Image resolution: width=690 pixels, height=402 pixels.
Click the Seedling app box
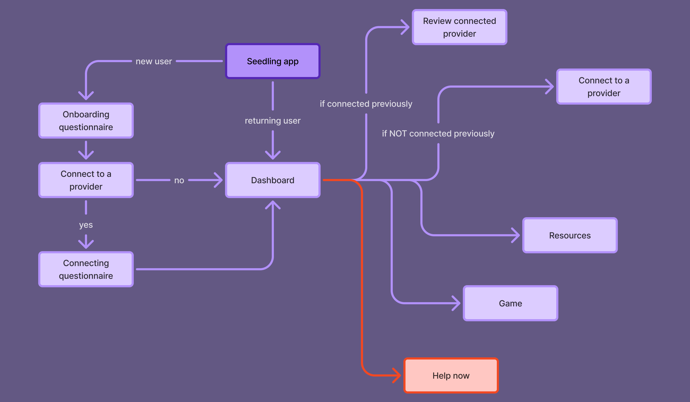coord(273,61)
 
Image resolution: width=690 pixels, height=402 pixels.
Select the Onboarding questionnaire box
coord(86,121)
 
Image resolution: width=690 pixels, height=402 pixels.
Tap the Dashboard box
coord(273,180)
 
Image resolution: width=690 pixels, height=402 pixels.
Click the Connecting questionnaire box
coord(86,269)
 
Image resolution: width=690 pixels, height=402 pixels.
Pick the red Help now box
coord(451,375)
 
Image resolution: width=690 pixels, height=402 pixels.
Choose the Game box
coord(510,303)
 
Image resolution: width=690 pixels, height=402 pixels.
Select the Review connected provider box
coord(459,27)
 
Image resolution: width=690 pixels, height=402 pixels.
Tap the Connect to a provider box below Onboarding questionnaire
coord(86,180)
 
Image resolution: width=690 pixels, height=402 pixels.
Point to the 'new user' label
coord(154,61)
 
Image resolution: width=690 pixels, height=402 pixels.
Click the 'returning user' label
coord(273,121)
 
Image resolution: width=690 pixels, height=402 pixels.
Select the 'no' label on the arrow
coord(179,180)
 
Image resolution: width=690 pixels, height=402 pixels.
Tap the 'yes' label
coord(86,225)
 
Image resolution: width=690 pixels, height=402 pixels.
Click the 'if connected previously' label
coord(366,104)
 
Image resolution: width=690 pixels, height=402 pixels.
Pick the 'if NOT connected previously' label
coord(438,134)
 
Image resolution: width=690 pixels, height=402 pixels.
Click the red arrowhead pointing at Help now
coord(398,375)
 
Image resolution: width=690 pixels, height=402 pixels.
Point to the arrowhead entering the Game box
coord(457,303)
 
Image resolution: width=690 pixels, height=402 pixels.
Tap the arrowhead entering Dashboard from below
coord(273,204)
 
